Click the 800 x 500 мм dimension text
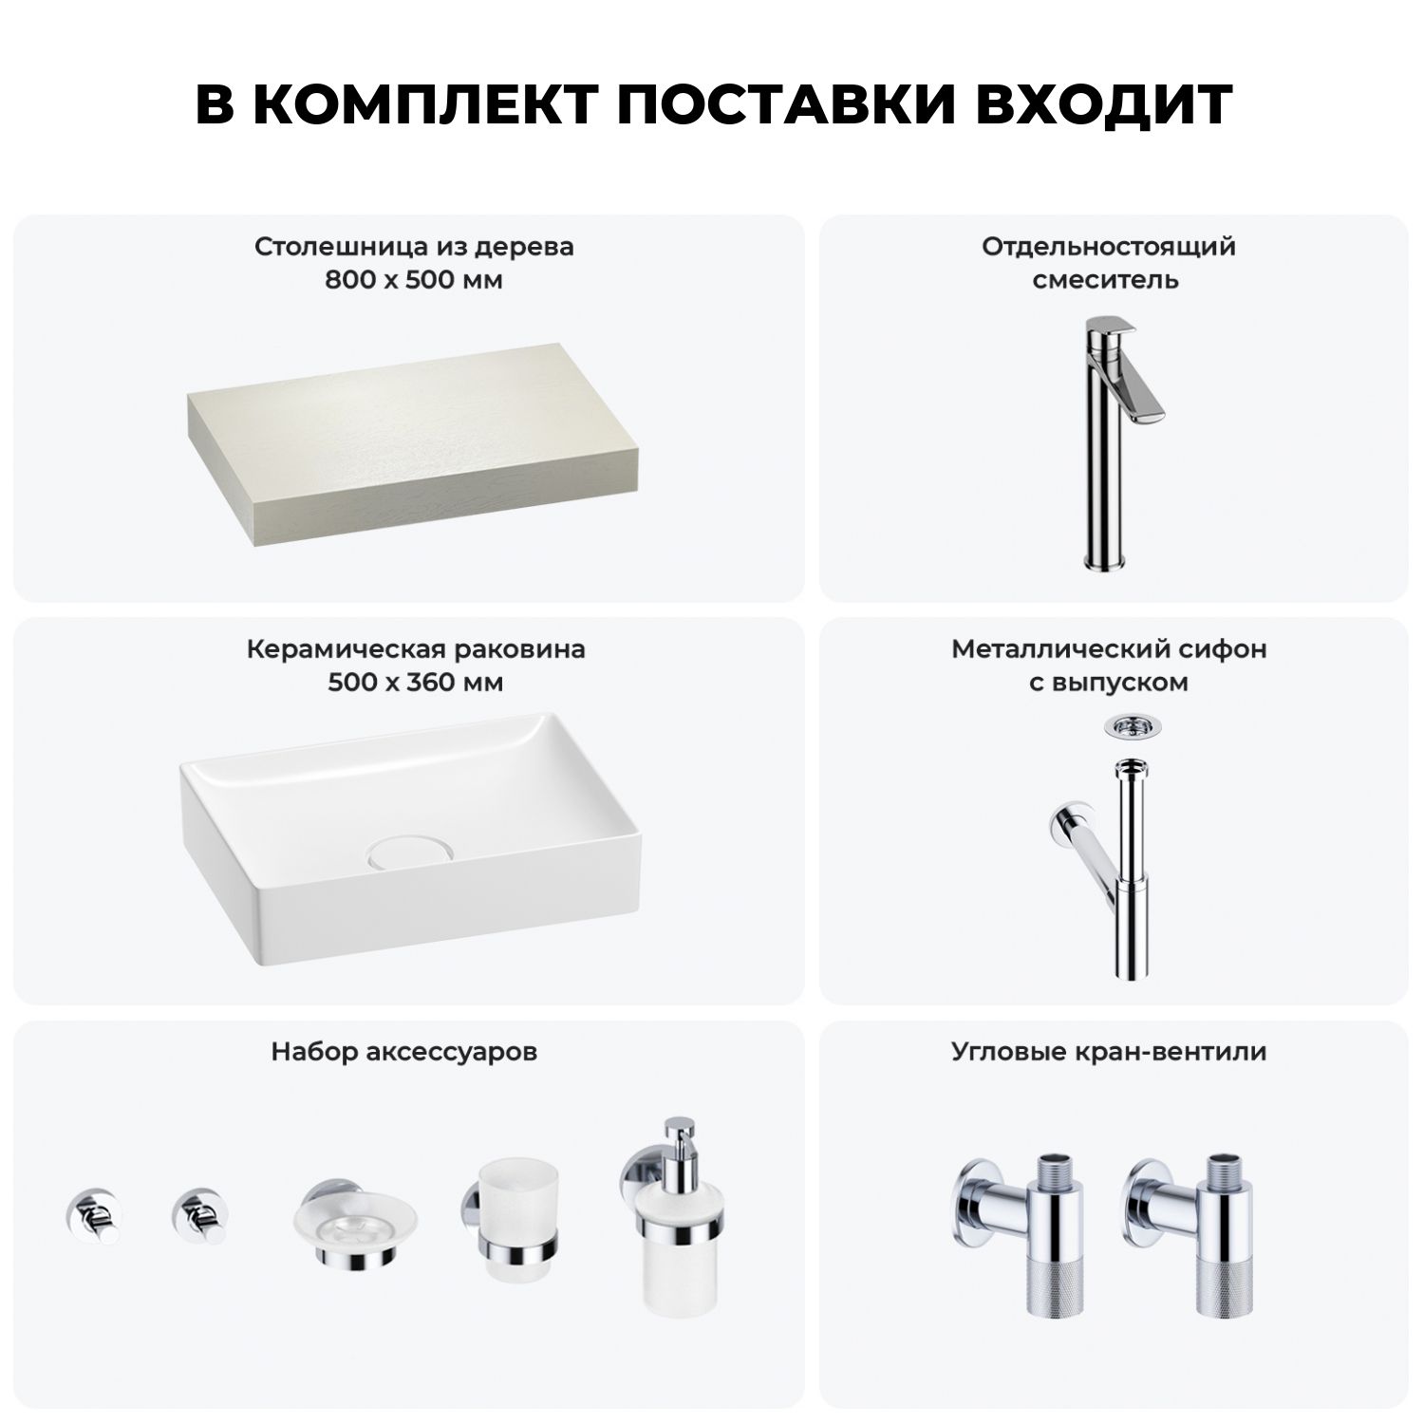[x=414, y=280]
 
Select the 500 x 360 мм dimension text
[x=415, y=683]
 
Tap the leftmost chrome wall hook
[x=93, y=1215]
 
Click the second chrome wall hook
[x=199, y=1215]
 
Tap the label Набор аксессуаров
[x=404, y=1052]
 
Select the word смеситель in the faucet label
[x=1106, y=280]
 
